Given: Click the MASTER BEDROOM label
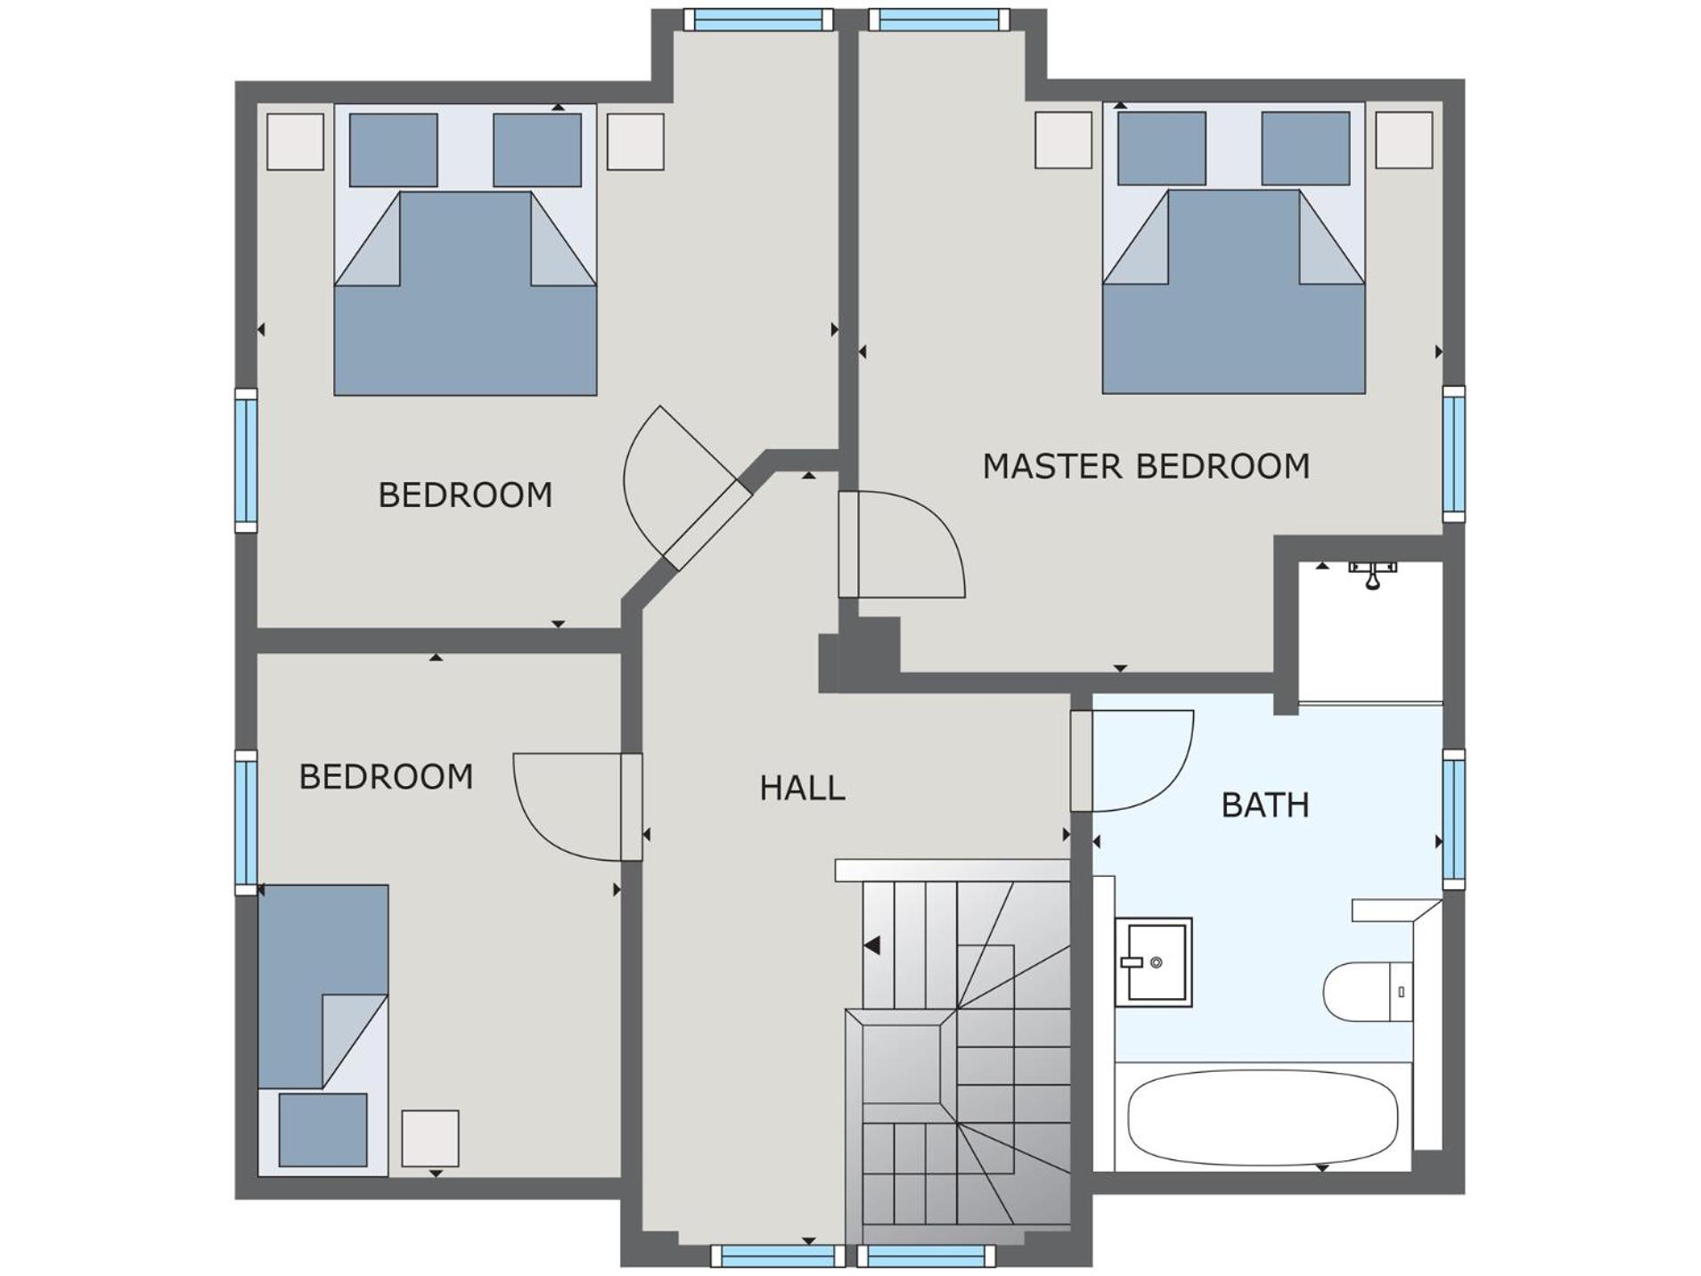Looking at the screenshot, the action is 1146,466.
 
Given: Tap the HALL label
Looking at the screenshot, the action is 802,789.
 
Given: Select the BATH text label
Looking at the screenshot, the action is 1265,806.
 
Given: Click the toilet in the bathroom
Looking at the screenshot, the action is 1368,992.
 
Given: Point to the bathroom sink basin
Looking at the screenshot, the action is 1154,962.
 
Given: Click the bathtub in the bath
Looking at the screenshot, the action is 1263,1116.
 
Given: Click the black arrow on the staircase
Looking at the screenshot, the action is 872,945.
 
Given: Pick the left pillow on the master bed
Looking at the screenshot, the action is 1162,148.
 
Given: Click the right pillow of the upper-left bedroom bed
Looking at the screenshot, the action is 537,150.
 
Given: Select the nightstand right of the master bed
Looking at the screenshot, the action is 1404,140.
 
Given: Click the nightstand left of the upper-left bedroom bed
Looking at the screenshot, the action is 295,142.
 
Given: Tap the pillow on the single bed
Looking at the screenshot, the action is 323,1130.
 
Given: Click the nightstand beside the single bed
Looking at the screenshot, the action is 430,1138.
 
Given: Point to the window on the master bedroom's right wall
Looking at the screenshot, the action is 1453,454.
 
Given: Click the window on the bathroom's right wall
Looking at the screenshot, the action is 1453,820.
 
